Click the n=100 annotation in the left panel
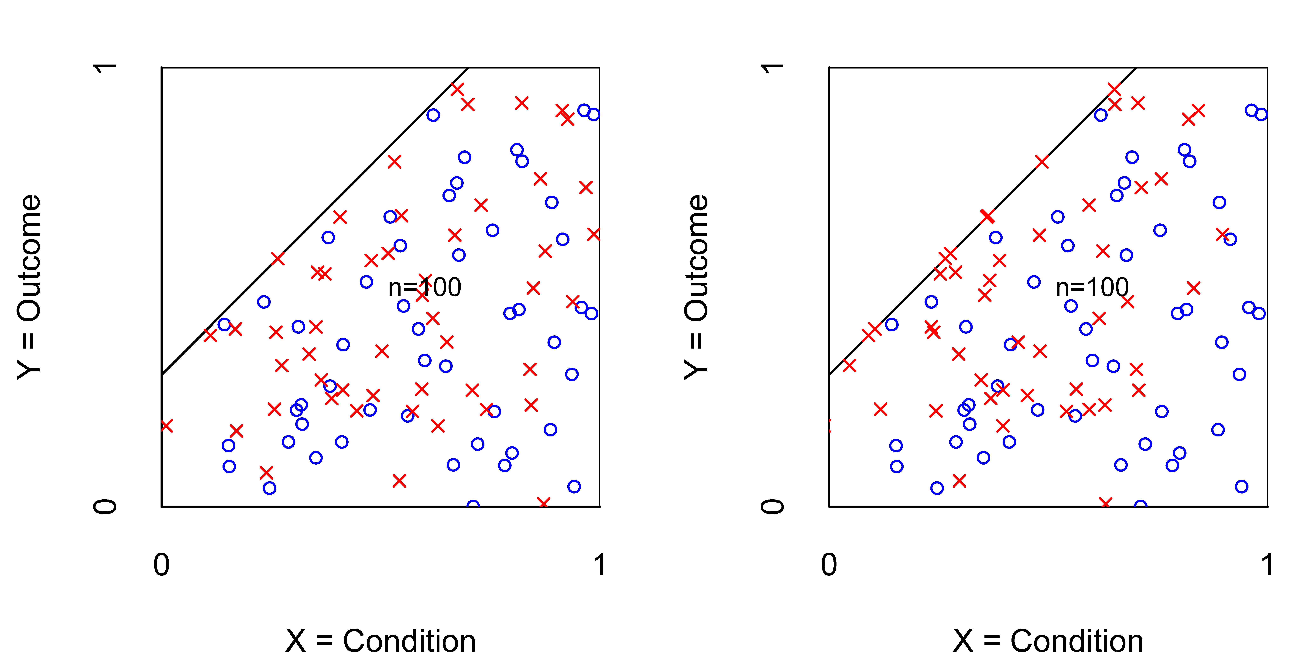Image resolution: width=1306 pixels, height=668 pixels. [x=425, y=287]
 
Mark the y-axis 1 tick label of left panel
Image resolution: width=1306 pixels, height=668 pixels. [x=105, y=67]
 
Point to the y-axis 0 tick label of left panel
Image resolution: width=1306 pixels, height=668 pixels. [x=105, y=506]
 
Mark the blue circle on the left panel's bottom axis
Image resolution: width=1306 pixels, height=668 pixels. [x=473, y=506]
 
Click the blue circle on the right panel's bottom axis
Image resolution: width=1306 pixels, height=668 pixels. [x=1140, y=506]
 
